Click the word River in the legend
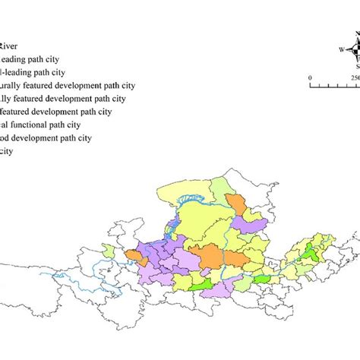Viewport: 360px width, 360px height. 13,44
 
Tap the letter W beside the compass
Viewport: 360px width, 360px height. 343,50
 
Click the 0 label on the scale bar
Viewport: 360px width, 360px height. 310,76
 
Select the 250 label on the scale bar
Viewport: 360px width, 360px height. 355,76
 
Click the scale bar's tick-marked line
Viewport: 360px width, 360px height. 334,84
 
